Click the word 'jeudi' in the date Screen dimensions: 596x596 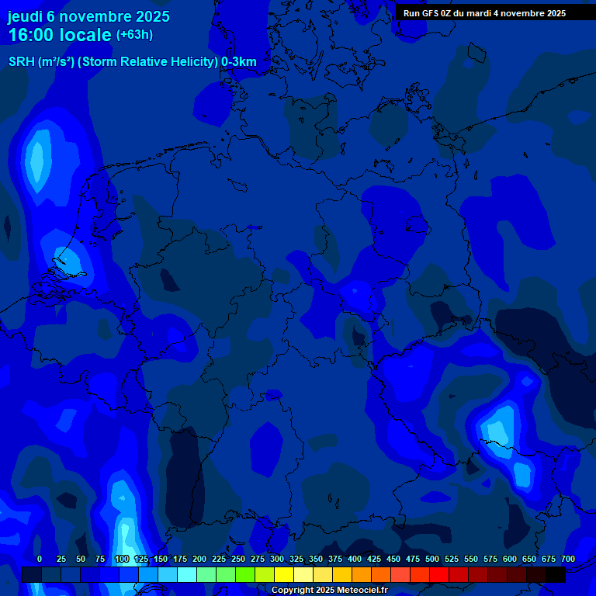coord(26,16)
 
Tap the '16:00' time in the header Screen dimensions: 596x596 coord(32,35)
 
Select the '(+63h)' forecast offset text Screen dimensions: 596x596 coord(134,35)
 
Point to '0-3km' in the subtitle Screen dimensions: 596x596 coord(239,62)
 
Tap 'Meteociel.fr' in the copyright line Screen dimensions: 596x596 coord(358,590)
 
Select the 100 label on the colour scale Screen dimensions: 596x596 coord(122,559)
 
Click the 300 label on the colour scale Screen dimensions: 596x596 coord(277,559)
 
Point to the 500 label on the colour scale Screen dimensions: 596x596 coord(432,559)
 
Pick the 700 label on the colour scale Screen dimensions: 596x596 coord(568,559)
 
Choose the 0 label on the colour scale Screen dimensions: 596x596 coord(40,559)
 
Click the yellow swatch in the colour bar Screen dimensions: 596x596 coord(284,575)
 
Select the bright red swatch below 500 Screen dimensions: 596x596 coord(439,575)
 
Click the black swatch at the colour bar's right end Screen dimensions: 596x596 coord(556,575)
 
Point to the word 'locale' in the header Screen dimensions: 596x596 coord(85,35)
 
